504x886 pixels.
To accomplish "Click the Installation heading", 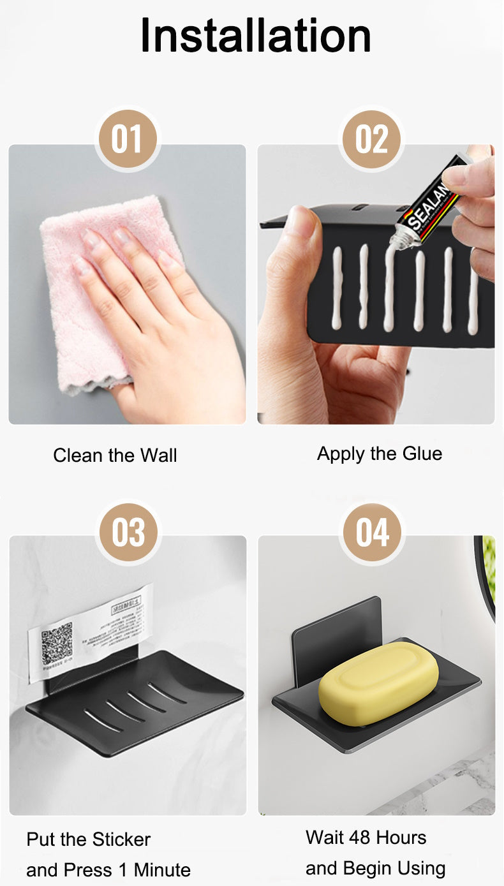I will click(255, 35).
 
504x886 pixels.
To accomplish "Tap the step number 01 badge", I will click(127, 139).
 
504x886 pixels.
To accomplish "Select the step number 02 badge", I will click(371, 139).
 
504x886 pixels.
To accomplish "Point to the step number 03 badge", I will click(128, 532).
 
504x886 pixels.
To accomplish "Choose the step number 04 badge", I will click(372, 532).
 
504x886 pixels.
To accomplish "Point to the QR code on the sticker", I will click(57, 644).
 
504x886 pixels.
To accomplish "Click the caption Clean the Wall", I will click(115, 455).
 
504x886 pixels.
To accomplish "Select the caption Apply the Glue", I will click(379, 454).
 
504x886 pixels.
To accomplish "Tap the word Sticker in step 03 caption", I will click(120, 839).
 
